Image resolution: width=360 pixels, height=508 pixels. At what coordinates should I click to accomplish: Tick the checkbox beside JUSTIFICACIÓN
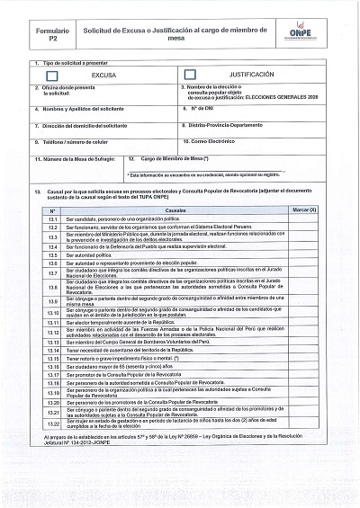(190, 75)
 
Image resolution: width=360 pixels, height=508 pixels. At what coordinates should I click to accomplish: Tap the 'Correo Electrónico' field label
(214, 141)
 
